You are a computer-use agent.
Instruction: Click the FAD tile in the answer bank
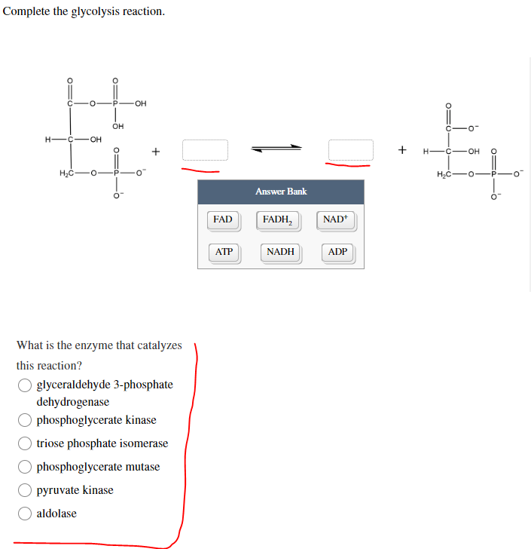[222, 220]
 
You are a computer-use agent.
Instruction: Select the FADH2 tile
[279, 220]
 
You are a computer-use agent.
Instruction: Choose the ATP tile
[224, 252]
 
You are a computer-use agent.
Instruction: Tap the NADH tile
[280, 252]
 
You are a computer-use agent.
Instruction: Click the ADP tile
[338, 252]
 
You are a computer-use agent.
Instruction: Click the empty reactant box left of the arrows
[205, 149]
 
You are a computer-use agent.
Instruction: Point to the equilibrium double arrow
[277, 149]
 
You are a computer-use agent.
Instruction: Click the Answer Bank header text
[280, 192]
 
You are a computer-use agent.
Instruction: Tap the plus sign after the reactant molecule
[155, 151]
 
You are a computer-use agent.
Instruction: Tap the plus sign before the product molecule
[402, 150]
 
